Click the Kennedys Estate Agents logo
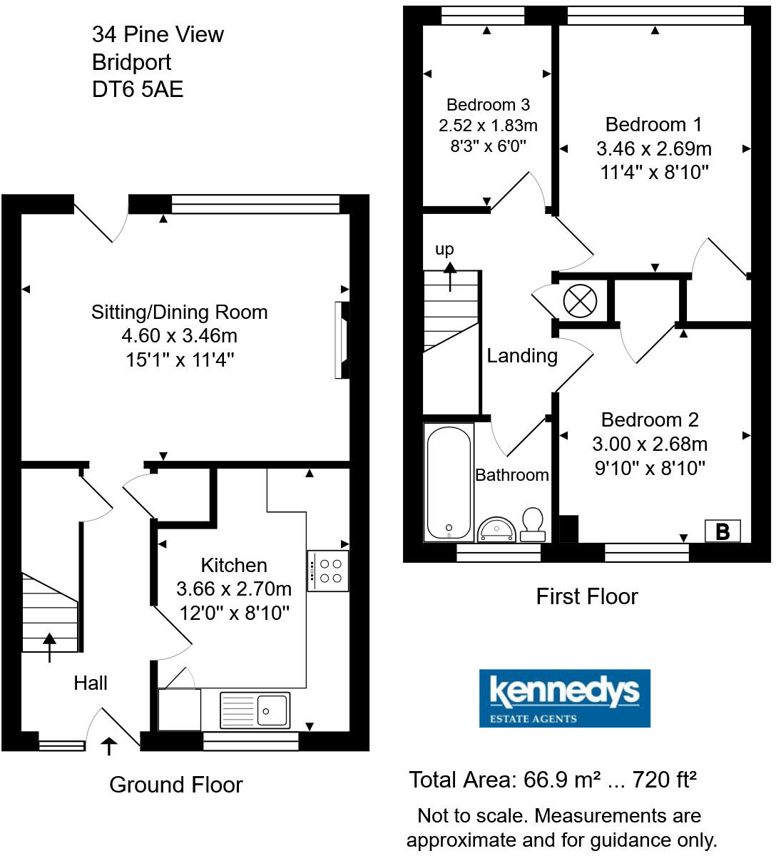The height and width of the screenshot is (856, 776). click(564, 698)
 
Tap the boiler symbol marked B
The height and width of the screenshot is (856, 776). click(723, 531)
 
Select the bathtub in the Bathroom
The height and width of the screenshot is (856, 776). click(449, 481)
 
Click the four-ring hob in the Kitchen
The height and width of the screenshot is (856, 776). click(328, 571)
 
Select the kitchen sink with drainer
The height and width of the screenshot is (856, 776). click(255, 710)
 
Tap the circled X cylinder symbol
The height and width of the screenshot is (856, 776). click(579, 300)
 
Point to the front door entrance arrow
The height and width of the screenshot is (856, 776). click(109, 746)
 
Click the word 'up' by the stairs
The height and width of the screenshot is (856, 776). click(444, 249)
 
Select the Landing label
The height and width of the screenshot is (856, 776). click(522, 355)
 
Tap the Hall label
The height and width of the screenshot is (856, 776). click(91, 683)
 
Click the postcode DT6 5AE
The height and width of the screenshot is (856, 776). click(138, 89)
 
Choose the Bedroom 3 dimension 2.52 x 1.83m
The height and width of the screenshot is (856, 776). click(488, 126)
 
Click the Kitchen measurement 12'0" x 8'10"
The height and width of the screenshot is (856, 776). click(234, 612)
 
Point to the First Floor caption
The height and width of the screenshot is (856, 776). click(586, 596)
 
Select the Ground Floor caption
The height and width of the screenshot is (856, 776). click(176, 785)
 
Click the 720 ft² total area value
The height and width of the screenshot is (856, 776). click(664, 780)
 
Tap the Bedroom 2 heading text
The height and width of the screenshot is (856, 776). click(650, 419)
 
